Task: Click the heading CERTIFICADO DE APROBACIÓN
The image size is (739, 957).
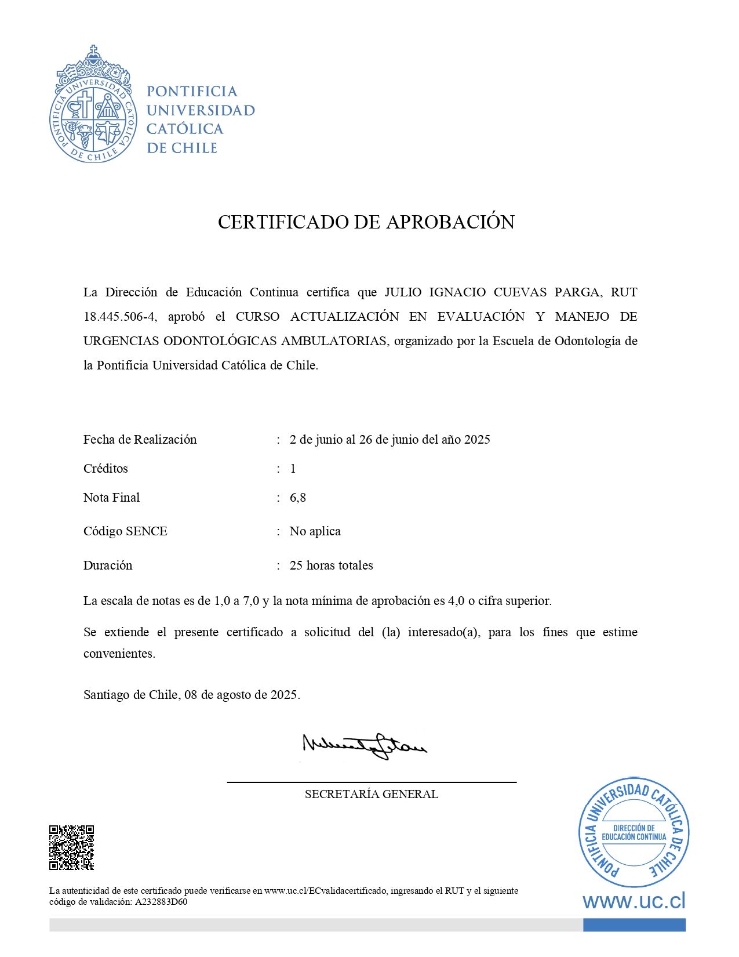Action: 366,222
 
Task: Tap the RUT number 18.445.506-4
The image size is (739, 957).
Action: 120,317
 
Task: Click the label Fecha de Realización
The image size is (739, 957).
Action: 140,440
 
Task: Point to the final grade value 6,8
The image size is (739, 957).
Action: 297,498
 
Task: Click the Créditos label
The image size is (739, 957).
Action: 105,469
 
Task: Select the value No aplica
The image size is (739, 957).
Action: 315,531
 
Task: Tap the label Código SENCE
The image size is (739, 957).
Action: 125,531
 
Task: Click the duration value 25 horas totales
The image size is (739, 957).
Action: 331,565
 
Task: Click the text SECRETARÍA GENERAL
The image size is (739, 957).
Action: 371,794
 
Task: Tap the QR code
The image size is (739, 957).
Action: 71,847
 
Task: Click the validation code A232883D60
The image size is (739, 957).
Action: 161,902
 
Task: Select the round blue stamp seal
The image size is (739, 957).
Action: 634,832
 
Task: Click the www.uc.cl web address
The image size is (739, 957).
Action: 634,901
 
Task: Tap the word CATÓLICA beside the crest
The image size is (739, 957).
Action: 185,129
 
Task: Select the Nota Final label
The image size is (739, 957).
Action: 111,498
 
